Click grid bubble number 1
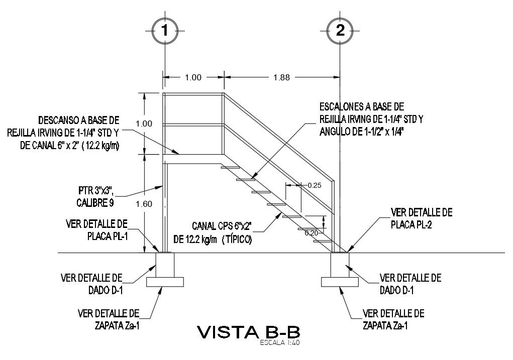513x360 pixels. coord(164,31)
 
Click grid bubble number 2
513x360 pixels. coord(340,31)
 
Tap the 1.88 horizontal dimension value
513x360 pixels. coord(281,77)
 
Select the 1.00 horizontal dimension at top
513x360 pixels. coord(193,77)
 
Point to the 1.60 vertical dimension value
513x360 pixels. coord(144,204)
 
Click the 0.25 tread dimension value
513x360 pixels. coord(315,185)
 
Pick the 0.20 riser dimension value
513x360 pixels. coord(312,232)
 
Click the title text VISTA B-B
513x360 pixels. coord(249,332)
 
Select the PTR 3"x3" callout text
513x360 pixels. coord(95,191)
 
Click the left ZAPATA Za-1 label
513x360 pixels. coord(118,325)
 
